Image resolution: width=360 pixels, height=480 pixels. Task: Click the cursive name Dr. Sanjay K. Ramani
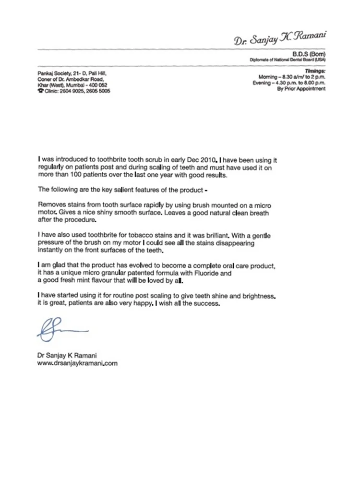coord(280,39)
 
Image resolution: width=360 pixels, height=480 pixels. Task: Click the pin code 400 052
coord(97,85)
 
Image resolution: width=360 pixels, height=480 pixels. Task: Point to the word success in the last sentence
coord(207,304)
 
